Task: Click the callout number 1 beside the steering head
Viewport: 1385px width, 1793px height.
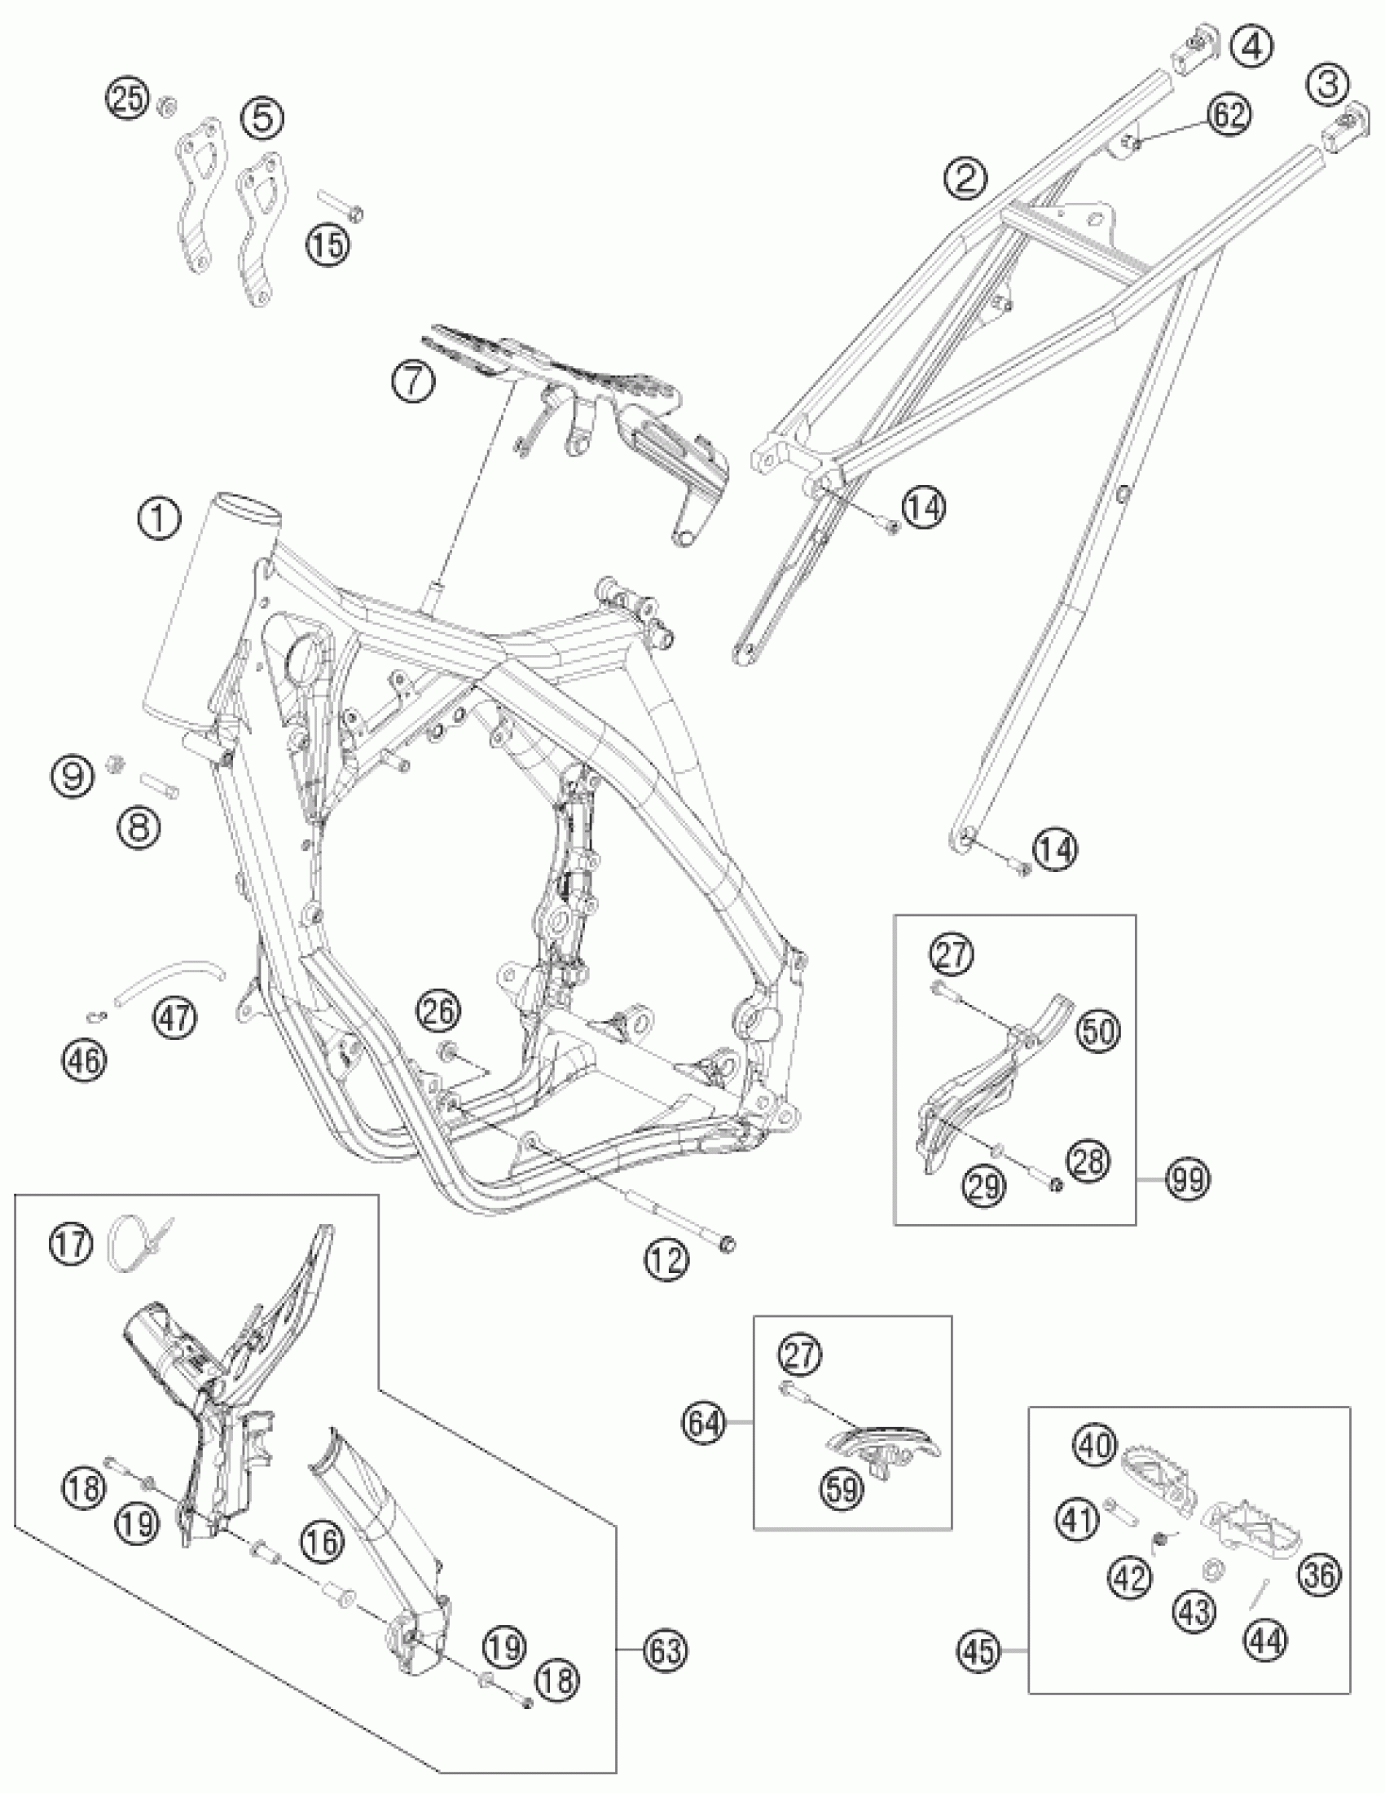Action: [160, 519]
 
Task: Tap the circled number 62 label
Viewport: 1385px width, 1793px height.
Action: [1229, 116]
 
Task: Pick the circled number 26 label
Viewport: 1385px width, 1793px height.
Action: [439, 1011]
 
